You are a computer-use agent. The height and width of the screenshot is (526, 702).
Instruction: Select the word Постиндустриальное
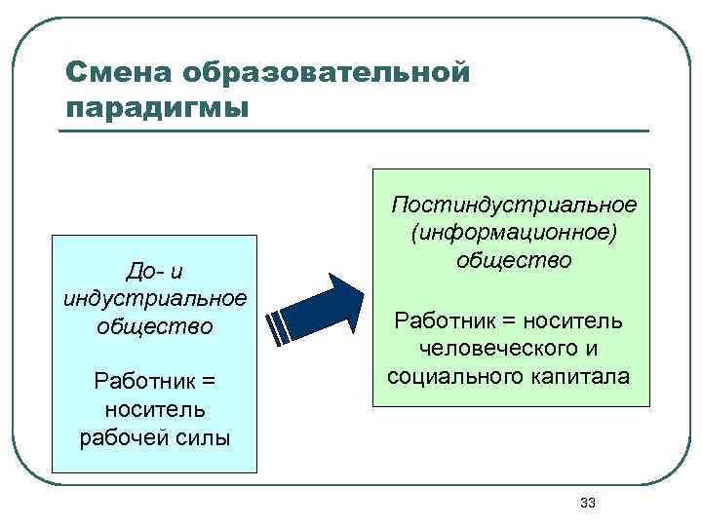click(x=514, y=206)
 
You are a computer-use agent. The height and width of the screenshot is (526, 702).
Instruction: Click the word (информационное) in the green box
click(x=514, y=233)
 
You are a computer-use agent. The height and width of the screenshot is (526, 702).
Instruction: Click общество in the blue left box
click(x=154, y=324)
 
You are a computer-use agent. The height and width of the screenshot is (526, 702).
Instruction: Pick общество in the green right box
click(x=514, y=260)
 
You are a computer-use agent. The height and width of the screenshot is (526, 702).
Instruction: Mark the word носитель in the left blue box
click(x=154, y=408)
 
